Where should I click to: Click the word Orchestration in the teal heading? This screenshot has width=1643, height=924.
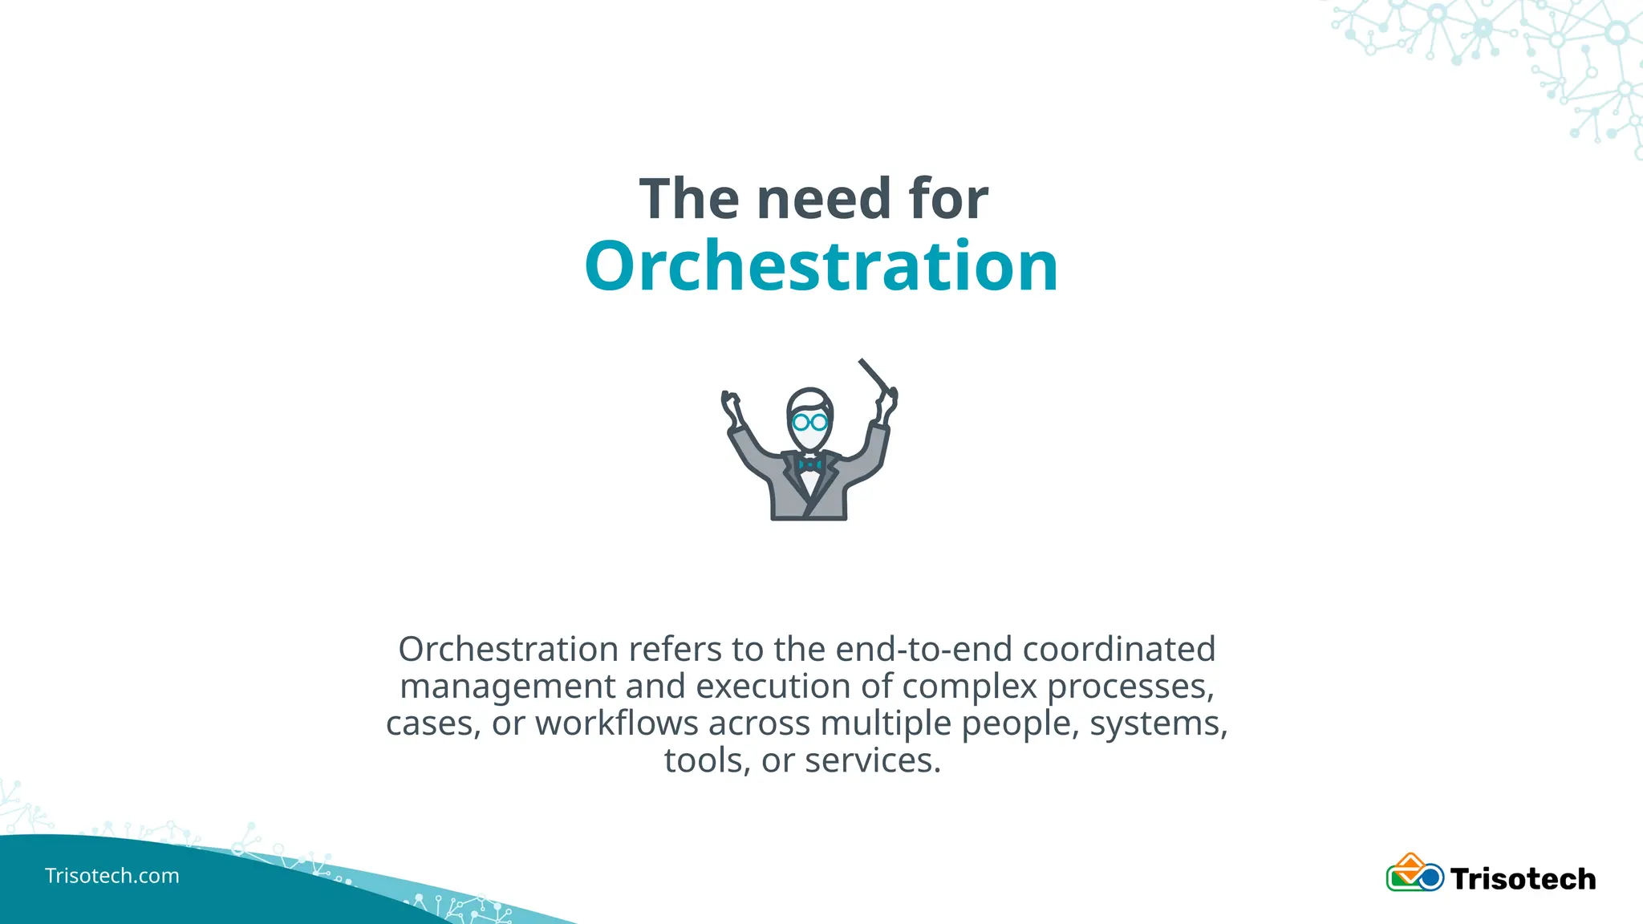pos(821,266)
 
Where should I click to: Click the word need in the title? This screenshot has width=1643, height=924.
pos(824,199)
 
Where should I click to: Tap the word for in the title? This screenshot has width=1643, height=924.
pos(948,199)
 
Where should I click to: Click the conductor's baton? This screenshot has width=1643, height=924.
pos(874,375)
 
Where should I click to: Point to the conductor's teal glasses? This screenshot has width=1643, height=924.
pos(809,422)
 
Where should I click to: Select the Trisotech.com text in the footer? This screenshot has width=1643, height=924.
pos(112,876)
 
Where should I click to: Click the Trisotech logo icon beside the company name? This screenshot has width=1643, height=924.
pos(1414,873)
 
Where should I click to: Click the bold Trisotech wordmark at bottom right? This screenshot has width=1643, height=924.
pos(1523,879)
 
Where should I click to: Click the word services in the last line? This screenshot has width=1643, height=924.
pos(872,761)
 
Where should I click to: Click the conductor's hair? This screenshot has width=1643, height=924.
pos(809,398)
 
